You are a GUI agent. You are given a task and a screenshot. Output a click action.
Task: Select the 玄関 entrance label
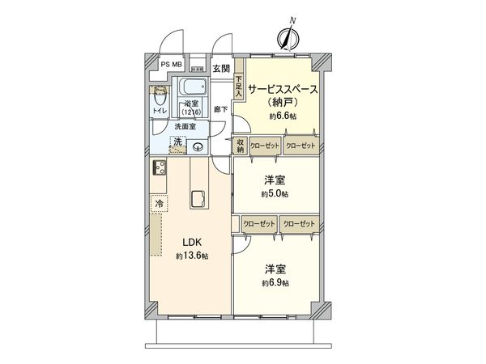(221, 70)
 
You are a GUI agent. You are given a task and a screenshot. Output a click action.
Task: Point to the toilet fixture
(157, 97)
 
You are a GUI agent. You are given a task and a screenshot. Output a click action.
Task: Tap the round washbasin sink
(198, 146)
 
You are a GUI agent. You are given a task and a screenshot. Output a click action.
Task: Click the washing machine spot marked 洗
(177, 143)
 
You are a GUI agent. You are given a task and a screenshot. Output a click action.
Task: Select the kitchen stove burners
(158, 169)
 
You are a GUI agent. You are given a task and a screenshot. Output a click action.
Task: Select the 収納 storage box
(241, 145)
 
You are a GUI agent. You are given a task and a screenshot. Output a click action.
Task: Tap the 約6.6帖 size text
(283, 117)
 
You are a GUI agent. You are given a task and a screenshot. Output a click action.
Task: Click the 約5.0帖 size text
(275, 194)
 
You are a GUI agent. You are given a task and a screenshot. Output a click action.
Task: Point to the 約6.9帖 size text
(275, 283)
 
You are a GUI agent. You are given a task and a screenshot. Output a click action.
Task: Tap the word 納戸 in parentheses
(283, 104)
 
